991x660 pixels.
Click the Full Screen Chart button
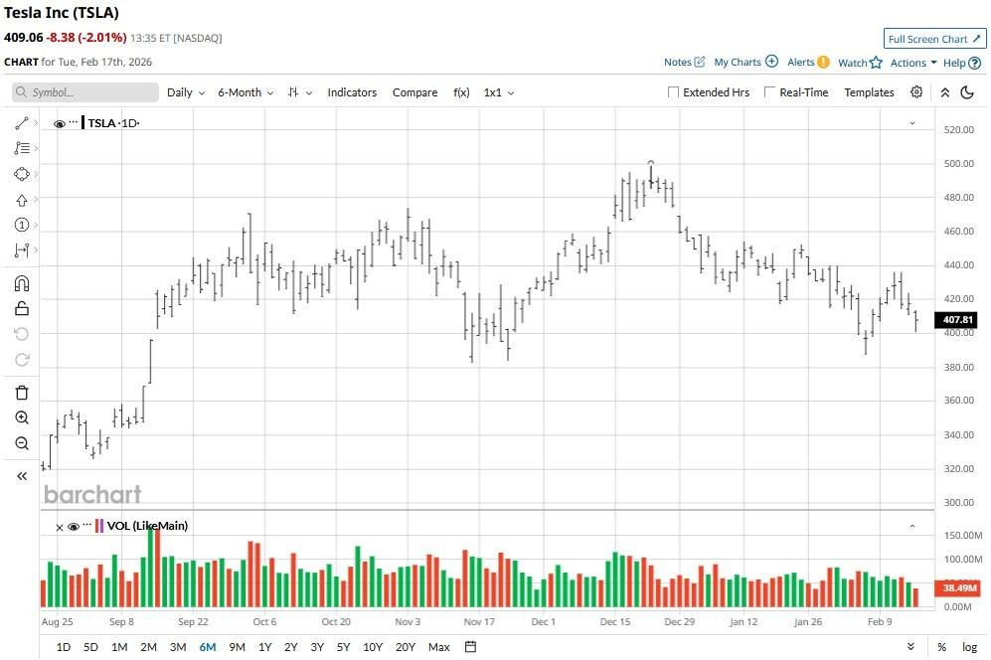[x=934, y=39]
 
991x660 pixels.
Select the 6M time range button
[x=208, y=647]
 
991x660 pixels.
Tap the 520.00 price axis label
[x=958, y=129]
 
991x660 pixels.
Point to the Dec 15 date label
[x=615, y=621]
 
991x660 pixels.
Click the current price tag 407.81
[x=958, y=320]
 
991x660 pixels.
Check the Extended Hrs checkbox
[x=674, y=92]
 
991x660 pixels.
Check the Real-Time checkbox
[x=770, y=92]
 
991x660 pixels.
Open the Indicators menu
[x=352, y=92]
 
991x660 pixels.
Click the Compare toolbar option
[x=414, y=92]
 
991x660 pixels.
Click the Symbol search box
[x=85, y=92]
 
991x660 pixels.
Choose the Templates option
[x=869, y=92]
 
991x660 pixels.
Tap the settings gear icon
[x=916, y=92]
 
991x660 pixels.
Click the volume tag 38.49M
[x=958, y=588]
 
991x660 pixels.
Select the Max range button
[x=438, y=647]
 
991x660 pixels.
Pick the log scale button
[x=969, y=647]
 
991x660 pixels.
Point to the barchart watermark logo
[x=92, y=494]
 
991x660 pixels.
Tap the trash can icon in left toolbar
[x=22, y=393]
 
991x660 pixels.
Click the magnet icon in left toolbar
[x=22, y=283]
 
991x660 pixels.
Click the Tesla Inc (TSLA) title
[x=62, y=14]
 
